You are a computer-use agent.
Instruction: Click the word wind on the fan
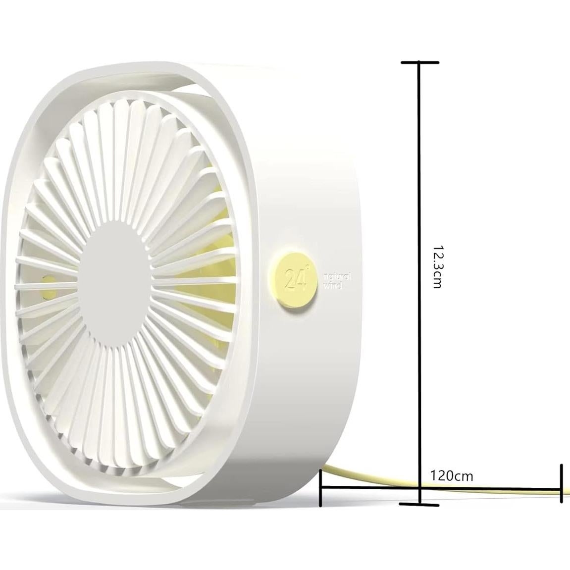point(332,286)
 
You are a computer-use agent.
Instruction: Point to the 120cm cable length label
point(452,476)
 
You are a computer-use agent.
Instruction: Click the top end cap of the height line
point(420,62)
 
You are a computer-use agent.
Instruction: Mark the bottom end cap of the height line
point(420,505)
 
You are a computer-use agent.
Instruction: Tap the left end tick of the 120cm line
point(321,488)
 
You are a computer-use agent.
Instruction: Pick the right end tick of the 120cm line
point(562,483)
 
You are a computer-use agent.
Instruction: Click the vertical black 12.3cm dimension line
point(420,198)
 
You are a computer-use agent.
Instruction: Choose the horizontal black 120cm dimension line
point(495,489)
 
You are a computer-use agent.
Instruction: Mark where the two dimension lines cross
point(420,488)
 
